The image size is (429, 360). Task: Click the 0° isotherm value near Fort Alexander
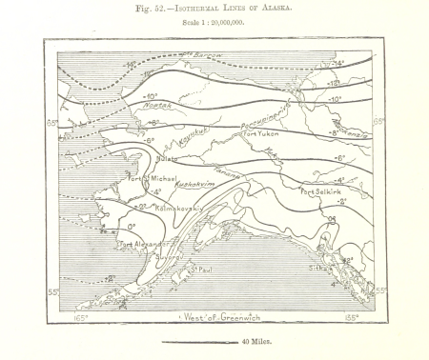point(132,226)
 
